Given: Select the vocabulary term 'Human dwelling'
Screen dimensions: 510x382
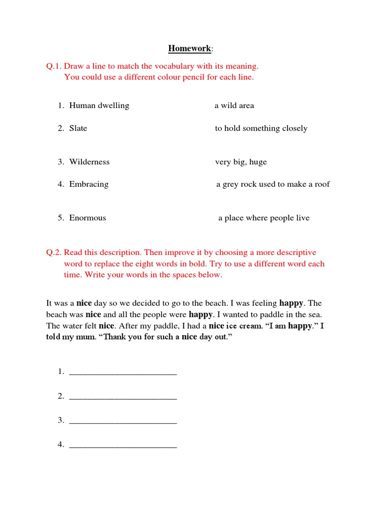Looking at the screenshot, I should coord(99,106).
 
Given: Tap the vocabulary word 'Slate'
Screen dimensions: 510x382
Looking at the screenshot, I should coord(78,128).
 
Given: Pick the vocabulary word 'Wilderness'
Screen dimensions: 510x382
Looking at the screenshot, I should coord(90,162).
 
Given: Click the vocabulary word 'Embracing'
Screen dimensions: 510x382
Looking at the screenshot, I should coord(89,184).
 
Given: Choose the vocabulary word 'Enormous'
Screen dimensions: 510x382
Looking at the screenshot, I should coord(88,218).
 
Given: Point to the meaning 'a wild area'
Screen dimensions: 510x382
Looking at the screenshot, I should coord(234,106).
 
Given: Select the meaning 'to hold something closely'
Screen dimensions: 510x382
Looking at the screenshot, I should coord(261,128).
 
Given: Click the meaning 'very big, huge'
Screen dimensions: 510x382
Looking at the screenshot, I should coord(241,162).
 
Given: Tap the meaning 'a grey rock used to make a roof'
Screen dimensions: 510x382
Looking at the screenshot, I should coord(273,184).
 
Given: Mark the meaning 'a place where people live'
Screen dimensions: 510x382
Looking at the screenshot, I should coord(264,218).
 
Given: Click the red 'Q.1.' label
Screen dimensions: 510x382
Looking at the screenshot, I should coord(54,66).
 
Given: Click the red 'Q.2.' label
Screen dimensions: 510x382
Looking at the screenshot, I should coord(54,253).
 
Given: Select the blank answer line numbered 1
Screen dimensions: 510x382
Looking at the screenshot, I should coord(123,373).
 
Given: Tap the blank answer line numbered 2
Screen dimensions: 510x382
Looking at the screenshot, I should coord(123,397).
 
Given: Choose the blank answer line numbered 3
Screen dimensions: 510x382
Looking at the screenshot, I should coord(123,421).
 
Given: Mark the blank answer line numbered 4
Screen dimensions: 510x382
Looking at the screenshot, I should coord(123,446).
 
